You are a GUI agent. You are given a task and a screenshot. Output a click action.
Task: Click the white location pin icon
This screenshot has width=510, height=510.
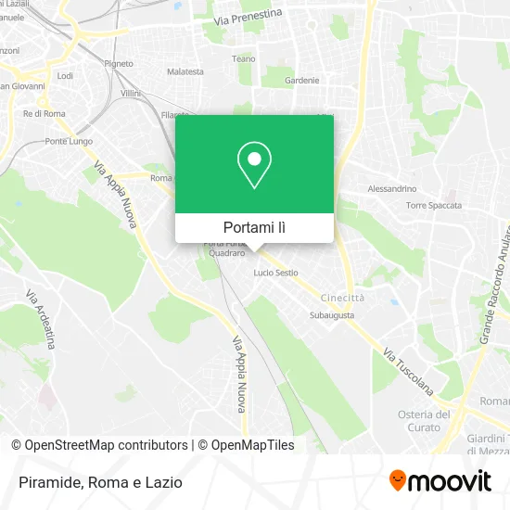pos(254,165)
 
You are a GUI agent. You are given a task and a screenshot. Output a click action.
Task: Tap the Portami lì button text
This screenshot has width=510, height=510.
pos(254,227)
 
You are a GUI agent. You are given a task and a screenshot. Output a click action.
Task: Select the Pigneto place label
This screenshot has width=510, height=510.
pos(119,63)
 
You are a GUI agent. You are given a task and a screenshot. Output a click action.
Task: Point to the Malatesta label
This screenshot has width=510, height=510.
pos(185,71)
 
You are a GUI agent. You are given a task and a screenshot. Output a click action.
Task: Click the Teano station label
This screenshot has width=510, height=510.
pos(243,58)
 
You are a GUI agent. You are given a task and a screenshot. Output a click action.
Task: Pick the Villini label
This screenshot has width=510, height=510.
pos(130,94)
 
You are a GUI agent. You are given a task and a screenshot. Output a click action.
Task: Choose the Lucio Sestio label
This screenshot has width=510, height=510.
pos(276,273)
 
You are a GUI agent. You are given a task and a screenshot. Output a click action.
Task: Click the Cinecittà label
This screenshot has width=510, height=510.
pos(342,298)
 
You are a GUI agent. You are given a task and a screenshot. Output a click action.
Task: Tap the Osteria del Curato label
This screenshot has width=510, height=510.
pos(424,420)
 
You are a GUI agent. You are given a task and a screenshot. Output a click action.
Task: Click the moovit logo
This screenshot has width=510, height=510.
pos(440,481)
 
